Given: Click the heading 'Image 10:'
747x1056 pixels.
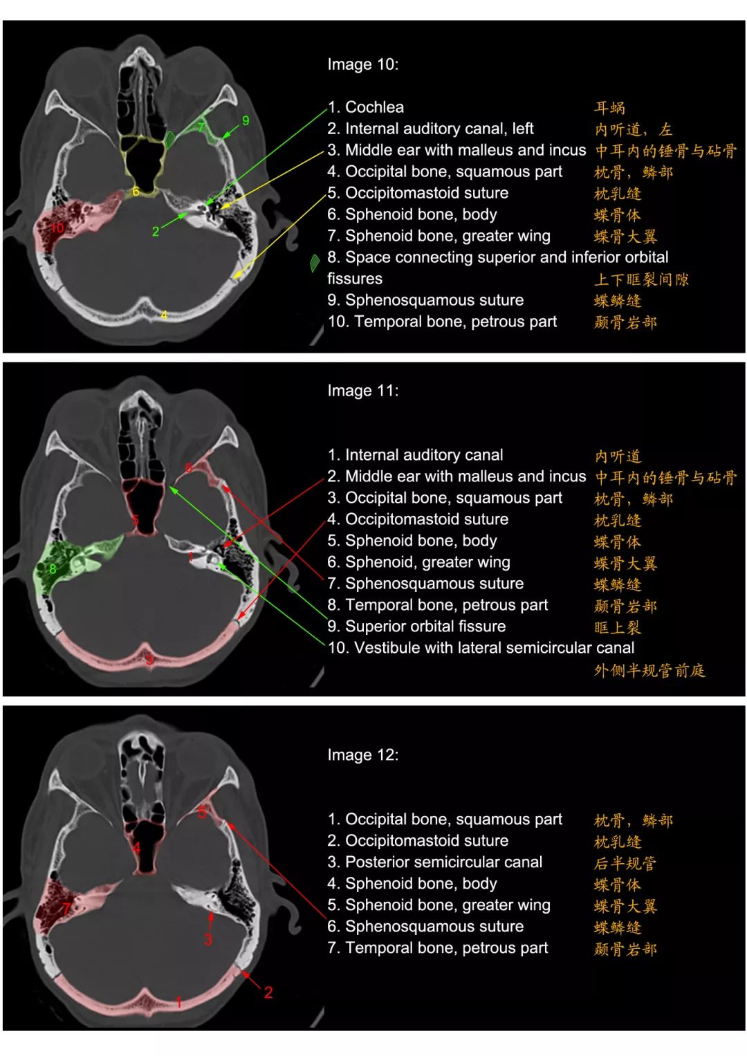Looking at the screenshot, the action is tap(362, 64).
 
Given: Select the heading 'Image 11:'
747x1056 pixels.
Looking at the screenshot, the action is tap(362, 390).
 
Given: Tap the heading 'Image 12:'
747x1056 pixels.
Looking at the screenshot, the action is tap(362, 754).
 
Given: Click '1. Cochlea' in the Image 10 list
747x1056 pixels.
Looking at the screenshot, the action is tap(365, 107).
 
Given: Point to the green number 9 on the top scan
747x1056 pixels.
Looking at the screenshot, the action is tap(246, 121).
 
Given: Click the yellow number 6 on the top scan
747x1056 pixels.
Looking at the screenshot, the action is tap(136, 192).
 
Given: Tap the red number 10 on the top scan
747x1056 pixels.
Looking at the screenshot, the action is tap(57, 228).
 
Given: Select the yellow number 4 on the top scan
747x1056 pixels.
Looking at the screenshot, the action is tap(164, 315).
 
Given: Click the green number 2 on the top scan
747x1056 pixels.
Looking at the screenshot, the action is tap(156, 232).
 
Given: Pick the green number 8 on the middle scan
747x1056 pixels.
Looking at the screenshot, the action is tap(53, 569).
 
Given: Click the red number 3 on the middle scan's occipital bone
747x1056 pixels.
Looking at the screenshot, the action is tap(149, 659).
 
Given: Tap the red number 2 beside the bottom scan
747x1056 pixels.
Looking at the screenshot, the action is tap(268, 992).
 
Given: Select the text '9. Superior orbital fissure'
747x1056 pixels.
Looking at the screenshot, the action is tap(416, 626).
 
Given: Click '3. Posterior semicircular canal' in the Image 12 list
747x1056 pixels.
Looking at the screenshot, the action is tap(435, 862).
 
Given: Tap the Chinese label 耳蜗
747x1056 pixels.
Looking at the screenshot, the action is tap(609, 108).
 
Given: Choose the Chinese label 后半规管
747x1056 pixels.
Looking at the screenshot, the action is tap(625, 863).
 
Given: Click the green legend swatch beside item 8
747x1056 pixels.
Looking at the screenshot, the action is tap(315, 263).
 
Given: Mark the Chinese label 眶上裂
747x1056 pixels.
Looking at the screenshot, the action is tap(617, 627).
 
